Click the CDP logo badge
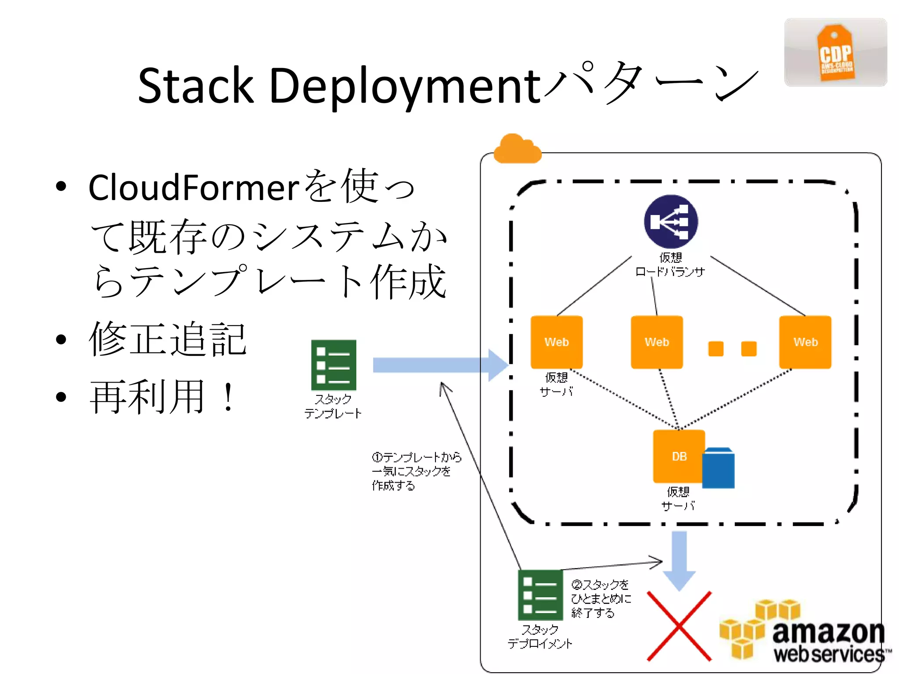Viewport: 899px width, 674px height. click(835, 53)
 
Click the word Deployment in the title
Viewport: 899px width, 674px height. click(404, 87)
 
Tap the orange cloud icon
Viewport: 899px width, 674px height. click(517, 150)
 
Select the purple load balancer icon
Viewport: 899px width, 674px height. click(670, 222)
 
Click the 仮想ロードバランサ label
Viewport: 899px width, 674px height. click(670, 265)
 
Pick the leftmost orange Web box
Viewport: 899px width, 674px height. click(557, 342)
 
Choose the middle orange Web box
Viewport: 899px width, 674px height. click(657, 342)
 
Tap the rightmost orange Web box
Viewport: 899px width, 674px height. click(805, 342)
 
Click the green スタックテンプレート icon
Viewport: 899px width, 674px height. click(334, 365)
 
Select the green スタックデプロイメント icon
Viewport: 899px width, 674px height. click(540, 595)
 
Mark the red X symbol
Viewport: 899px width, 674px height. click(679, 626)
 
